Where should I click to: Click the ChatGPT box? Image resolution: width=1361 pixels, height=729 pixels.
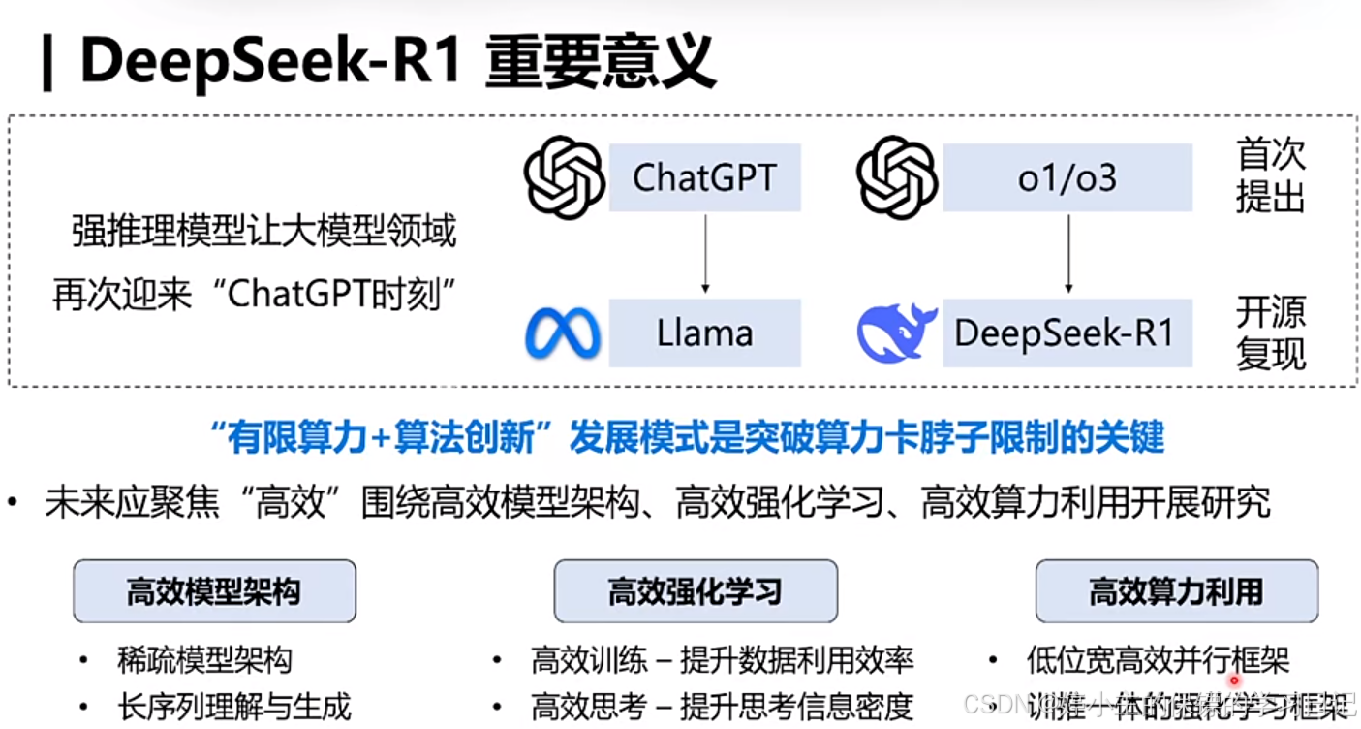704,177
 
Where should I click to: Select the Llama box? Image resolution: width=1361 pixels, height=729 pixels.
704,333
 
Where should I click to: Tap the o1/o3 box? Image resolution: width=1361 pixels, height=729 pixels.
1067,177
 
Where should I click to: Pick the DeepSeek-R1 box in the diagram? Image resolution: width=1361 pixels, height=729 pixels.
1067,333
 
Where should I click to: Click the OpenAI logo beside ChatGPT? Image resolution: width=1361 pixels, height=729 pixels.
564,177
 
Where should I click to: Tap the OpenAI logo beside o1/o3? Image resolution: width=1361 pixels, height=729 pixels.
897,177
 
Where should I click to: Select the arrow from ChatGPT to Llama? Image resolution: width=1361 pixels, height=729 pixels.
705,253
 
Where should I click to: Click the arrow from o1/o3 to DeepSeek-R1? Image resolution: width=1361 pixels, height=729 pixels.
1068,253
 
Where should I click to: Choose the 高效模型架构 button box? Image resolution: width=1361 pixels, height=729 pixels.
214,590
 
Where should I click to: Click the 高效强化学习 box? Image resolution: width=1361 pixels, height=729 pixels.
695,590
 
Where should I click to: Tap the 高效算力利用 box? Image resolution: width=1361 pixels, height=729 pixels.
1176,590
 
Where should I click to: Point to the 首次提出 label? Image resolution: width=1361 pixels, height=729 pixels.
1270,175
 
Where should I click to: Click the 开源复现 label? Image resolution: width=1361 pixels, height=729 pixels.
1270,333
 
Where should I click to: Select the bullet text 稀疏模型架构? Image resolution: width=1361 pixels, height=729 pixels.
204,661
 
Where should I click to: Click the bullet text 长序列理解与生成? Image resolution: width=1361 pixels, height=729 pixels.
233,706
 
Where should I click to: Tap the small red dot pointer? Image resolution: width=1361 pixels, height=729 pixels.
1235,681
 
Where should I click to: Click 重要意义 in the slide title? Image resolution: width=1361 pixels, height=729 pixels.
601,63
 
